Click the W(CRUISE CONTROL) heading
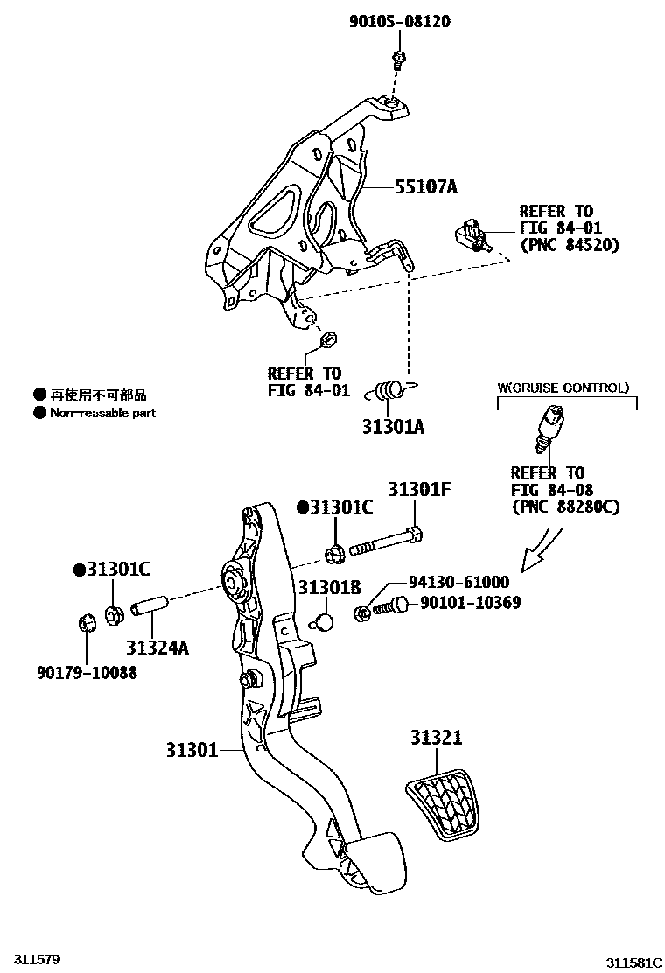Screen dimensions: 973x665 (563, 387)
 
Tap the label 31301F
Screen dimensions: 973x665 (420, 490)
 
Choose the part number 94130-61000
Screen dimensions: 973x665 (458, 582)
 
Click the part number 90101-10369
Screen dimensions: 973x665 (471, 603)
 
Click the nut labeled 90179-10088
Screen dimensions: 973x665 (87, 624)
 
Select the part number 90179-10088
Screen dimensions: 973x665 (87, 672)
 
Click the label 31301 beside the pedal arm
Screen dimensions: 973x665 (192, 750)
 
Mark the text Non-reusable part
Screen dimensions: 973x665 (102, 413)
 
